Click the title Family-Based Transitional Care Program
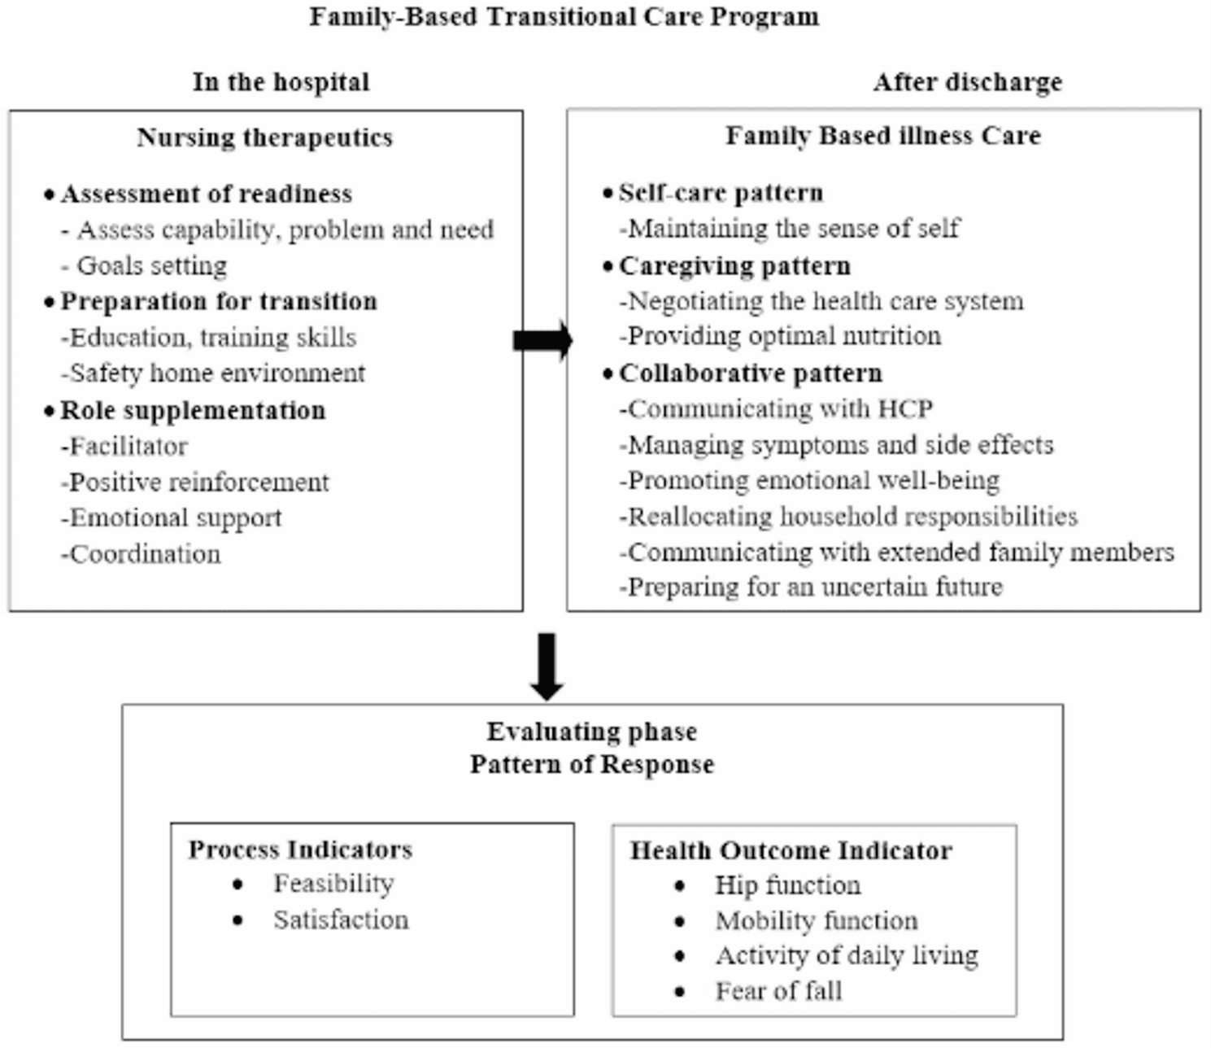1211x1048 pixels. click(564, 16)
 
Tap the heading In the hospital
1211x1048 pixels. click(281, 81)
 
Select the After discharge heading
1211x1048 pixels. click(967, 82)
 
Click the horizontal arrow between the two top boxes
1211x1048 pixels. click(542, 341)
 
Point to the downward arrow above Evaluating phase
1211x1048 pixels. click(547, 666)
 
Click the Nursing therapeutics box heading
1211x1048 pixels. click(265, 138)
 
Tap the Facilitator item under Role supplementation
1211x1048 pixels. click(124, 447)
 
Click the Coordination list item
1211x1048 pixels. click(142, 554)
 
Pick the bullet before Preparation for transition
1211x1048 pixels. click(50, 303)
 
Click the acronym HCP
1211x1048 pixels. click(905, 408)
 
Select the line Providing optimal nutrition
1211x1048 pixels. click(781, 336)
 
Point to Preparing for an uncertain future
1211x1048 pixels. click(811, 586)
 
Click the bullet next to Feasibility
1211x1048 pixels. click(237, 884)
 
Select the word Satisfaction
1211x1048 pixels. click(341, 919)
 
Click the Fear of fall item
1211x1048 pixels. click(778, 990)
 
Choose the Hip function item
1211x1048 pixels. click(788, 885)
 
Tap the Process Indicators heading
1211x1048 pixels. click(301, 849)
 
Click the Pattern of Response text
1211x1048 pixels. click(592, 764)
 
